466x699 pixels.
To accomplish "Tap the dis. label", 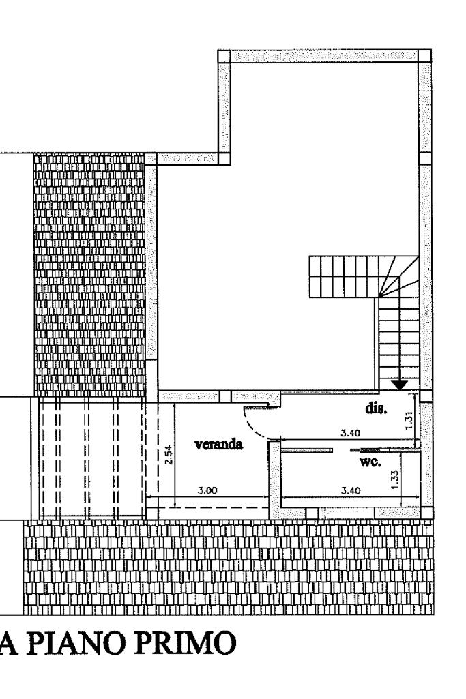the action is [x=375, y=409].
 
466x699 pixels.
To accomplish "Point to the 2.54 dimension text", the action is [x=169, y=455].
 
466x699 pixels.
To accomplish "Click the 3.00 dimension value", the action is [x=207, y=490].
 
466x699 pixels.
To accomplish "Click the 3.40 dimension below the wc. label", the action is [x=352, y=490].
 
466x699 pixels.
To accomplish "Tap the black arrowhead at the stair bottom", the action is [x=400, y=385].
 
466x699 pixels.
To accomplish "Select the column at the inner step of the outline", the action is [x=224, y=158].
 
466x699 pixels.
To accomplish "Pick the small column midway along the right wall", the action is [x=424, y=158].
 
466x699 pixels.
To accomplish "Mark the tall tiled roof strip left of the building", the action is [x=89, y=273].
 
